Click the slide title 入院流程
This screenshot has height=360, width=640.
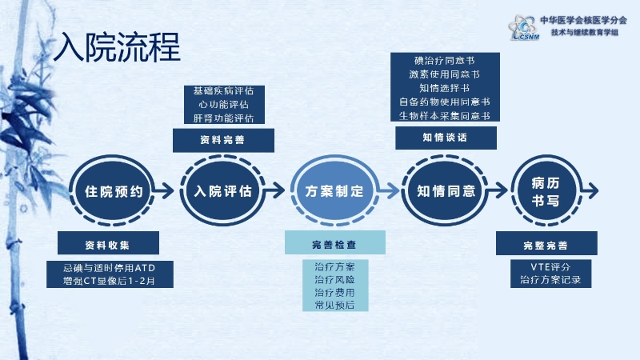tap(117, 48)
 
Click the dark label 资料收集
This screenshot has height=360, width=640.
tap(109, 244)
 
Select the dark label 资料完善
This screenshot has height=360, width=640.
tap(223, 140)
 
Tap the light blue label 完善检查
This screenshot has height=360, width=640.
tap(335, 244)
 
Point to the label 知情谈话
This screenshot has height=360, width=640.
tap(446, 137)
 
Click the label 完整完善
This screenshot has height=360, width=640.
tap(546, 244)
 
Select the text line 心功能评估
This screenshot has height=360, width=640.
tap(223, 105)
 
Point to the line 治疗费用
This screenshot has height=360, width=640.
tap(335, 292)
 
